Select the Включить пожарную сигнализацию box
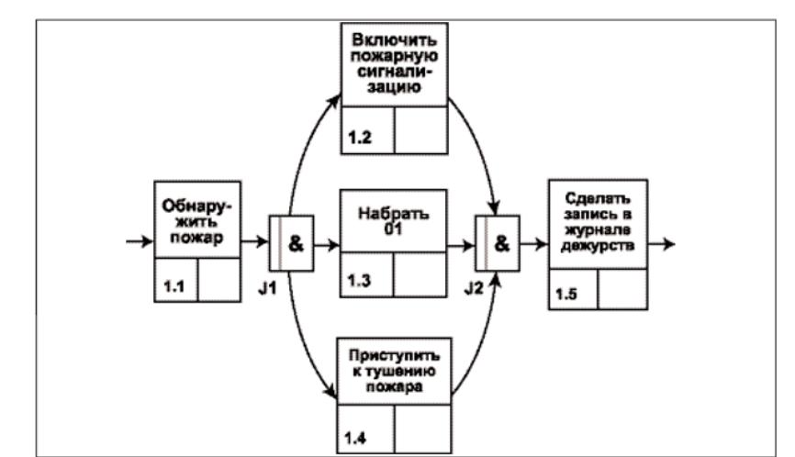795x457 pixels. click(x=396, y=63)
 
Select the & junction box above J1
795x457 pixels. click(x=291, y=246)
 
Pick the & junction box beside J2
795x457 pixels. click(x=497, y=246)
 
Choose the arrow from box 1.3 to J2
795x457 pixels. click(x=460, y=246)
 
